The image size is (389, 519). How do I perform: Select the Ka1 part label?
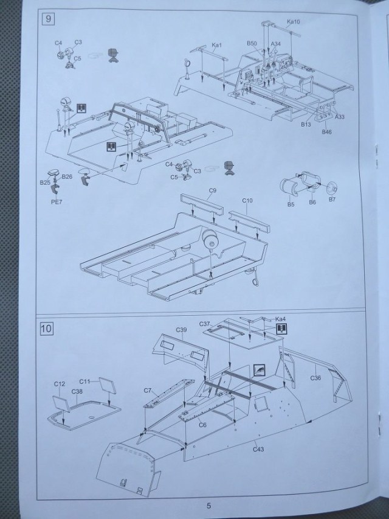(218, 44)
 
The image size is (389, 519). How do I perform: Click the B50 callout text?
(253, 43)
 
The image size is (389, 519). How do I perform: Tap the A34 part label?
(276, 43)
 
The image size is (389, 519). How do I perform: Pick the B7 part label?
(332, 200)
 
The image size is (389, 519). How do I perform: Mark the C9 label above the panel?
(212, 191)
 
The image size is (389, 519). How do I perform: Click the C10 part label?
(247, 200)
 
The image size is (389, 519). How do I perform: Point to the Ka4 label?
(280, 319)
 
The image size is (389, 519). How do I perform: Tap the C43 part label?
(260, 450)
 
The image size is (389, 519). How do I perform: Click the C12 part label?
(59, 384)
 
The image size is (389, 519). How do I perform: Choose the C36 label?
(315, 378)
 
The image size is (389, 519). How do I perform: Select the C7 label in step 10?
(148, 389)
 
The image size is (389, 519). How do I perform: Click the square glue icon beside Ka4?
(281, 329)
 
